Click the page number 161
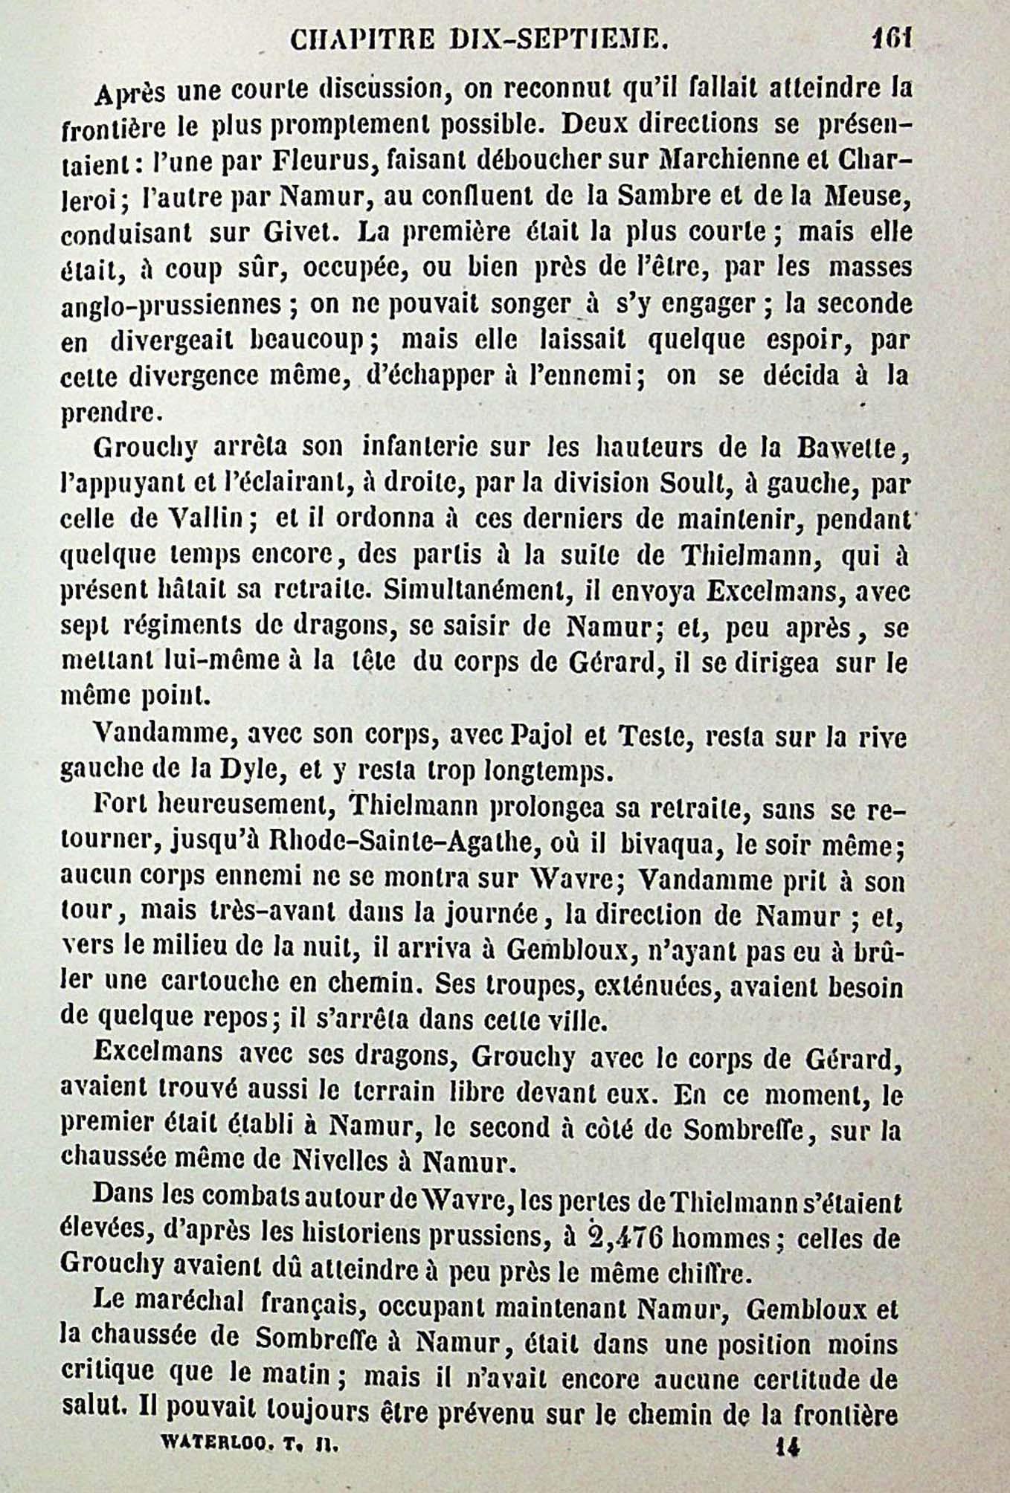pyautogui.click(x=892, y=36)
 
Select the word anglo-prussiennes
pyautogui.click(x=170, y=306)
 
